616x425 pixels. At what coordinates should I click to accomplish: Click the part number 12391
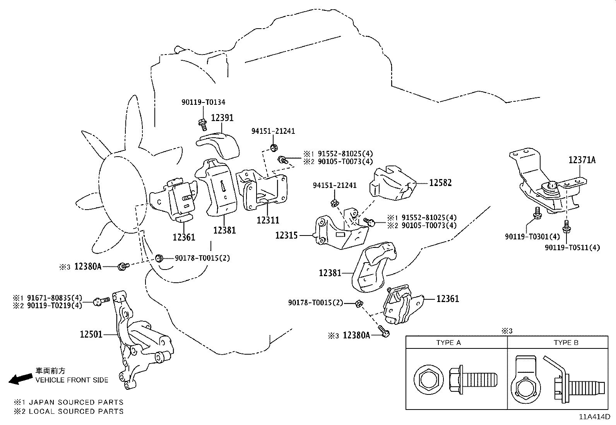coord(222,118)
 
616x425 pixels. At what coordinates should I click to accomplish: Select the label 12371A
coord(582,159)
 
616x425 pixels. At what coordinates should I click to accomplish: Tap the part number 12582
coord(440,183)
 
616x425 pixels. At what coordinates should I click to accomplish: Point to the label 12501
coord(91,334)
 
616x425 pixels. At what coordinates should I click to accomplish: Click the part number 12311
coord(268,220)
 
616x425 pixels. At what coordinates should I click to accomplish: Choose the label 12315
coord(286,235)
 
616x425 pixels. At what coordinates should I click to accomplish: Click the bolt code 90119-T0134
coord(203,102)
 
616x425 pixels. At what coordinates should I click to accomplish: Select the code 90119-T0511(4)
coord(572,247)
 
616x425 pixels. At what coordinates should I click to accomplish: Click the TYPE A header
coord(448,343)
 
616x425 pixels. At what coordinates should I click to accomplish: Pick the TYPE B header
coord(566,343)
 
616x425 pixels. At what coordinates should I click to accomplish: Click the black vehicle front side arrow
coord(21,379)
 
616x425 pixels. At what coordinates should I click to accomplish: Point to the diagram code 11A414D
coord(594,417)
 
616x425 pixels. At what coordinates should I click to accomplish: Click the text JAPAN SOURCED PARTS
coord(76,402)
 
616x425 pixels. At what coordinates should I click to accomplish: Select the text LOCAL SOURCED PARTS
coord(76,411)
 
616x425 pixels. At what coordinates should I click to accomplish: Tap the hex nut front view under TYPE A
coord(428,378)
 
